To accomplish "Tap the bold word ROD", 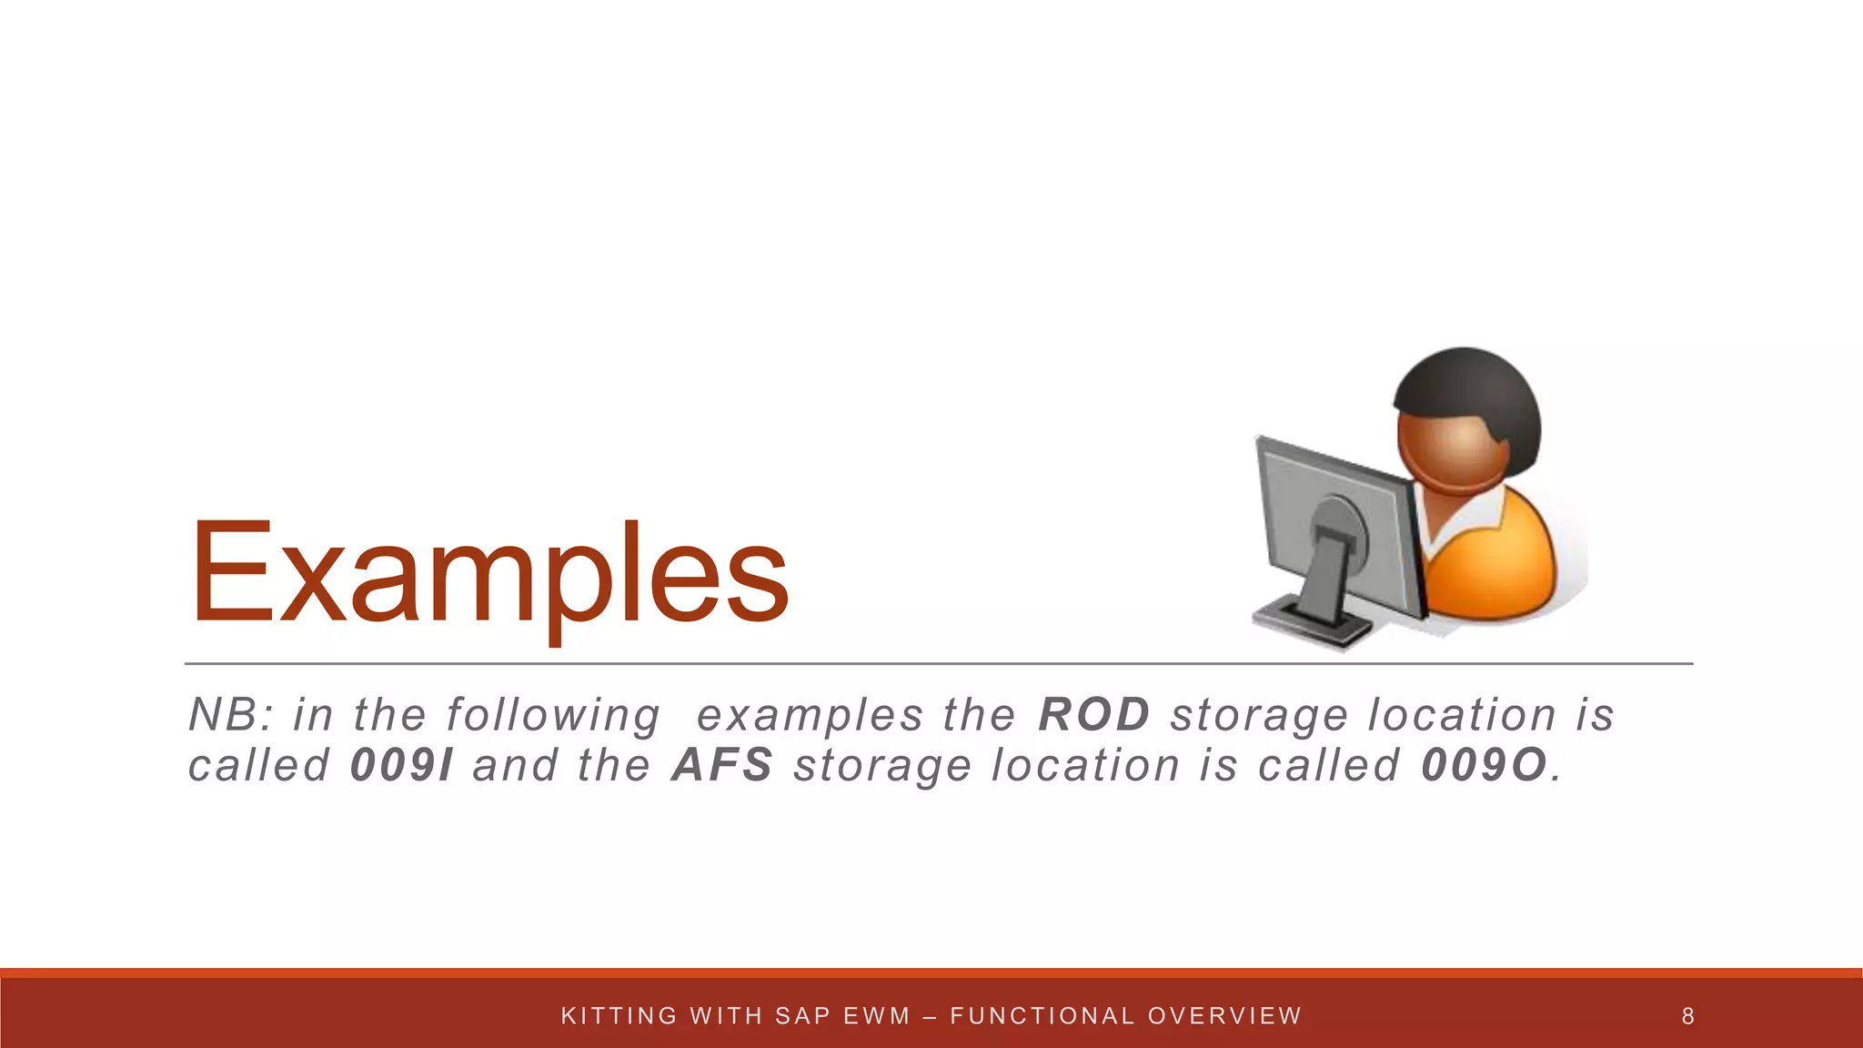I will coord(1094,714).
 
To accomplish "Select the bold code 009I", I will coord(401,765).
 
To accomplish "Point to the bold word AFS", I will coord(722,765).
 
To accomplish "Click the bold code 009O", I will coord(1484,765).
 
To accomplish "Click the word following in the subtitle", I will coord(553,716).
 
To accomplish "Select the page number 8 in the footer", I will coord(1687,1016).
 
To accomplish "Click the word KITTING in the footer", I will coord(619,1016).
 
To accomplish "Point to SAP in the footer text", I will coord(803,1016).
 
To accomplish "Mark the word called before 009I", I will coord(258,765).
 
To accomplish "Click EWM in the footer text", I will coord(877,1016).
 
